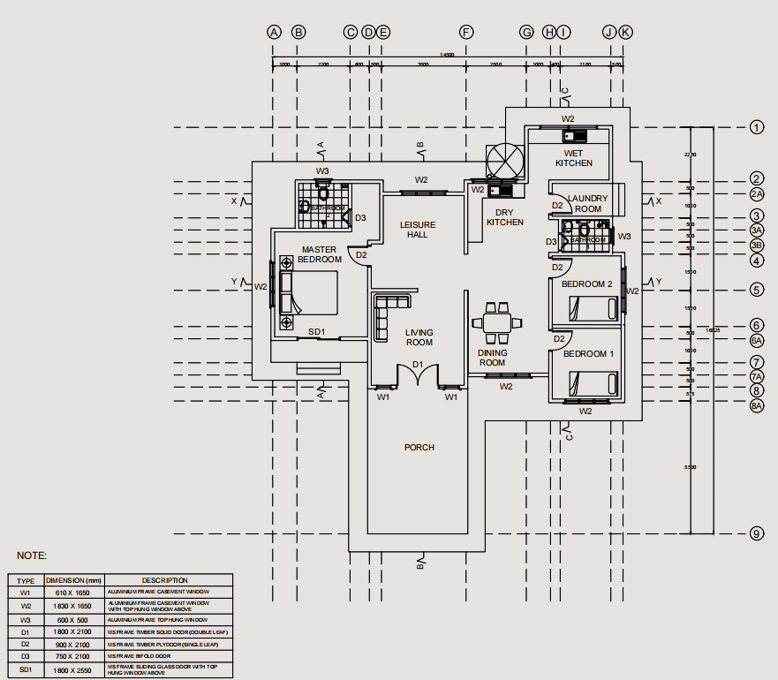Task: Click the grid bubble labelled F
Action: [x=466, y=32]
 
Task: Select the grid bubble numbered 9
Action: [x=757, y=533]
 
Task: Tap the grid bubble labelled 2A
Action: [x=757, y=194]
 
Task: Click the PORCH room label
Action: [x=419, y=448]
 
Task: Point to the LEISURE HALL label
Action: [x=418, y=230]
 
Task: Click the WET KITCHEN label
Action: [x=574, y=158]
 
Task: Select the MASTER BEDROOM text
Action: [x=320, y=254]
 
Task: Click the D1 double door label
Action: [x=419, y=365]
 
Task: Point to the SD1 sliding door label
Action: [x=317, y=332]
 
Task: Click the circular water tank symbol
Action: [x=506, y=161]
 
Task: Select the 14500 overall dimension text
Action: [x=448, y=55]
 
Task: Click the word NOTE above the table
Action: [x=32, y=555]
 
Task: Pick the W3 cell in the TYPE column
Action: [x=26, y=620]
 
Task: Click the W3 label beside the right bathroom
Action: [x=624, y=237]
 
